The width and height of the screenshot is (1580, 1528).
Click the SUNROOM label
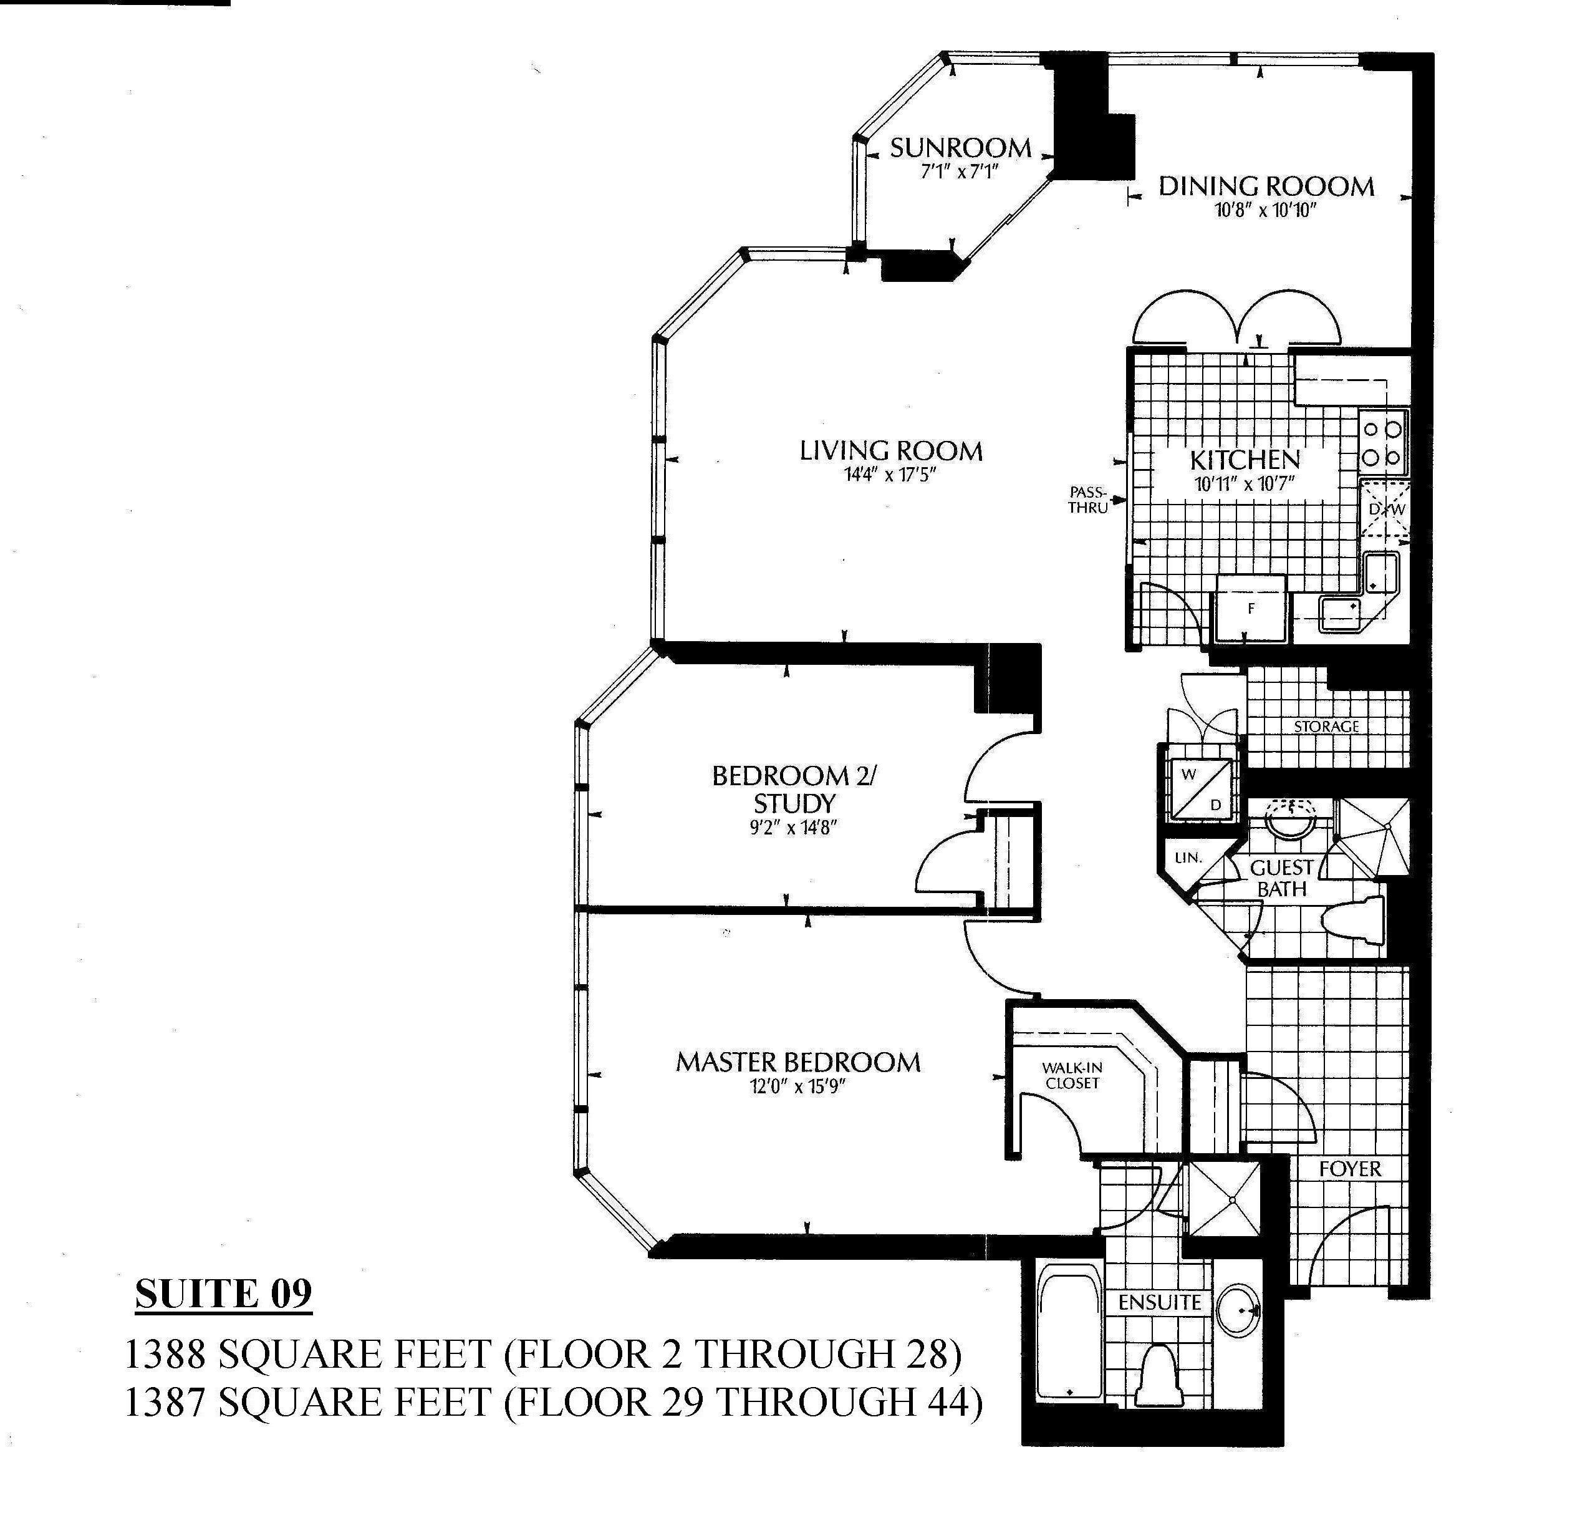coord(960,148)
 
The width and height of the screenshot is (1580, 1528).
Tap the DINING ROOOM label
coord(1266,186)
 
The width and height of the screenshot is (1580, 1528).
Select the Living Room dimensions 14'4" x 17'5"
coord(891,475)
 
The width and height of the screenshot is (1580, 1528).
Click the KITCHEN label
coord(1245,460)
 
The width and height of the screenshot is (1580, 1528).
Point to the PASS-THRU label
coord(1087,500)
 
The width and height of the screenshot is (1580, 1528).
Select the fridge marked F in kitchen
coord(1251,608)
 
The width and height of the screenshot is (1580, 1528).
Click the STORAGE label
coord(1327,727)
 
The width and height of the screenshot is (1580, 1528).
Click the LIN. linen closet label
coord(1188,858)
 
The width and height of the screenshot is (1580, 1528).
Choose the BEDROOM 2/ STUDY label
coord(794,790)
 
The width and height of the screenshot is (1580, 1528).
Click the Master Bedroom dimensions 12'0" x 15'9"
coord(797,1087)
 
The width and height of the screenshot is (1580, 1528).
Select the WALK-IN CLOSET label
coord(1072,1075)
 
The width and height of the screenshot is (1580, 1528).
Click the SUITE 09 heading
coord(223,1294)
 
